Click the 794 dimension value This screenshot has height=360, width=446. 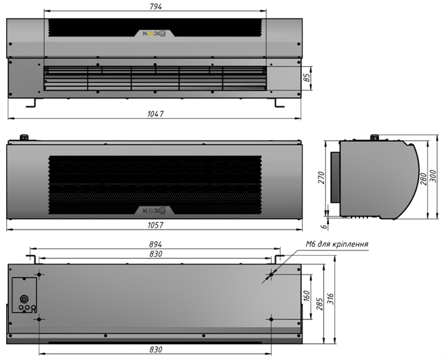click(156, 6)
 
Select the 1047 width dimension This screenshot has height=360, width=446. click(156, 114)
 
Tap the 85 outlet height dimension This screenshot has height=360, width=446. click(307, 78)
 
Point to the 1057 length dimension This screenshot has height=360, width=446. click(156, 225)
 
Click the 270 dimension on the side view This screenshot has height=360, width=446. click(321, 177)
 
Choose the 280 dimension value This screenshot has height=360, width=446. click(424, 179)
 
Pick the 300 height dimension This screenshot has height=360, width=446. click(433, 177)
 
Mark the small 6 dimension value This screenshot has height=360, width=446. click(324, 226)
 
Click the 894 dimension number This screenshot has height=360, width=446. click(156, 244)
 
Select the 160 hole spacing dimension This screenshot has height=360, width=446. click(307, 296)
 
